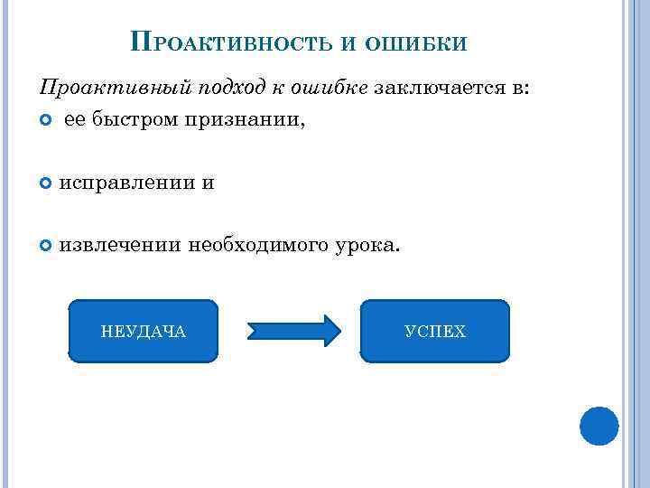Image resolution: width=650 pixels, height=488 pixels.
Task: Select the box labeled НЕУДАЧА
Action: click(x=144, y=332)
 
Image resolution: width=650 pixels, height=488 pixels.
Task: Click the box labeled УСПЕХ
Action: click(x=435, y=332)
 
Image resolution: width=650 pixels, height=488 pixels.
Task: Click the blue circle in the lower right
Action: click(x=599, y=426)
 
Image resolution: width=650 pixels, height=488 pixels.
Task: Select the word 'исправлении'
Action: click(x=126, y=183)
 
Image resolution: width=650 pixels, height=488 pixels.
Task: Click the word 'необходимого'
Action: click(x=257, y=244)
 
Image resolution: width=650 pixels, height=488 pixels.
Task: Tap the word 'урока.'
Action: click(x=364, y=244)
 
